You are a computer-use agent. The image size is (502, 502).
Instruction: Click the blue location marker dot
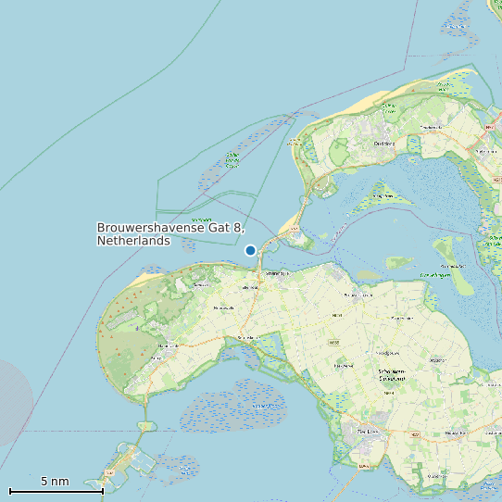pos(250,250)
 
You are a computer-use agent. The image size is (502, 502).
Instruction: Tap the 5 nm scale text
pos(55,482)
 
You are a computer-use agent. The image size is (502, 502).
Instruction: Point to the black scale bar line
pos(56,491)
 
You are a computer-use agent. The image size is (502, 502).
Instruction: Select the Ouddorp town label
pos(383,144)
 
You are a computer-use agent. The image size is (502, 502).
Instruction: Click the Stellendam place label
pos(483,150)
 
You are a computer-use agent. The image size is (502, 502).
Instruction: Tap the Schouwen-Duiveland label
pos(393,375)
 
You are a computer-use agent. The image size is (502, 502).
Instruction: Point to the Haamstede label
pos(168,346)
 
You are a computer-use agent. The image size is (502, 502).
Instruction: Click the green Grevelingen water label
pos(435,275)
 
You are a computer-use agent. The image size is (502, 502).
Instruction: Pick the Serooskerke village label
pos(245,338)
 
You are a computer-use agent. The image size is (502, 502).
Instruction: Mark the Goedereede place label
pos(433,127)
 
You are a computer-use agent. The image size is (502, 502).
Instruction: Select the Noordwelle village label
pos(223,308)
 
